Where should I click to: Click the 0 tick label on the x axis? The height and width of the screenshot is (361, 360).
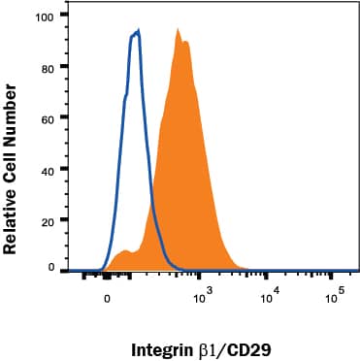click(107, 300)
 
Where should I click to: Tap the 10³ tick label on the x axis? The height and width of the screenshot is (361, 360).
click(202, 298)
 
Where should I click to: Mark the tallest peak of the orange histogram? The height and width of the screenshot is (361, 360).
click(179, 29)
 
